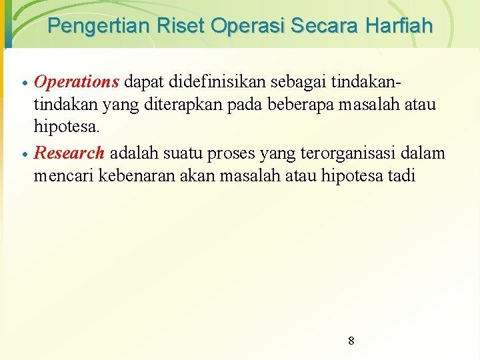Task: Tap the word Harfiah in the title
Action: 399,27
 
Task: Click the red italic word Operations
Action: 77,81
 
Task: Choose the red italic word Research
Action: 69,152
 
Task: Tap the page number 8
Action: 351,341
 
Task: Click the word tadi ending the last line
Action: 402,176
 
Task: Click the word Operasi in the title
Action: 246,27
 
